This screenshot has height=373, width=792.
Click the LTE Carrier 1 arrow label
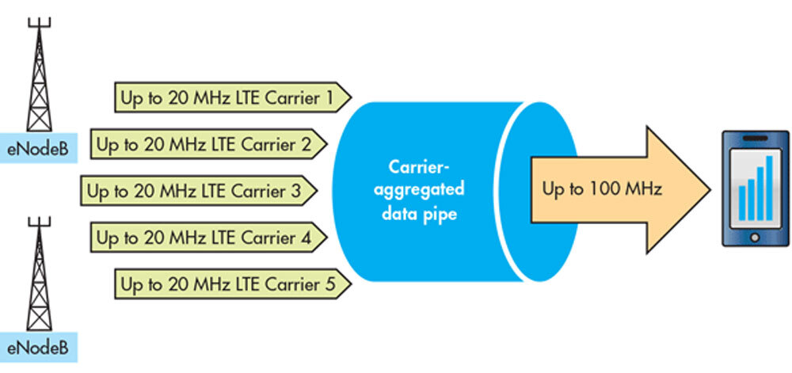[x=233, y=98]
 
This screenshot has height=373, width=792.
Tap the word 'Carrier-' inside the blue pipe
[x=421, y=167]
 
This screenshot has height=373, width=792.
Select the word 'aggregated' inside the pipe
[x=421, y=190]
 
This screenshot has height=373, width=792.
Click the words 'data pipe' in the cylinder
[x=421, y=213]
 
